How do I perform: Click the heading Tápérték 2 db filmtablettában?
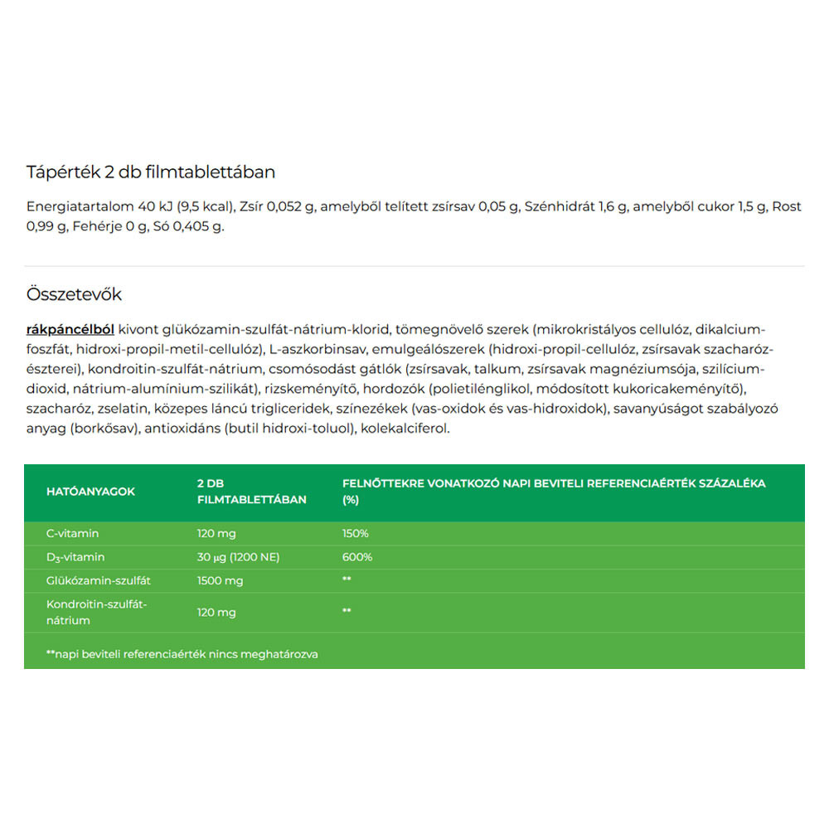(x=150, y=172)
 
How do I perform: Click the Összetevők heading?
(x=74, y=294)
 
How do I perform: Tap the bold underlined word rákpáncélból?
(x=70, y=328)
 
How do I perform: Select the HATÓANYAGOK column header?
(x=90, y=492)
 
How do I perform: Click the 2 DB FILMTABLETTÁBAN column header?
(x=251, y=492)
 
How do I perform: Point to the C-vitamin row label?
(x=72, y=534)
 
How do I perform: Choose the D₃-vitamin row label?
(x=75, y=557)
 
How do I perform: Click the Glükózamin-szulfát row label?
(x=94, y=580)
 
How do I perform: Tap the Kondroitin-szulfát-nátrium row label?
(x=96, y=612)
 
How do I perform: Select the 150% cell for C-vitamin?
(x=356, y=534)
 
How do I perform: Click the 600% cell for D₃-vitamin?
(x=357, y=557)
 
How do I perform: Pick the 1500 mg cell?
(x=220, y=580)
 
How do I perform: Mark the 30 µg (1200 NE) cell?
(x=238, y=557)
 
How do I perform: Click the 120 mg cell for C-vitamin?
(x=216, y=534)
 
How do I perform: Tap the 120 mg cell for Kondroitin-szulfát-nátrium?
(x=216, y=612)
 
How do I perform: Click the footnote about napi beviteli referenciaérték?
(x=182, y=654)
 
